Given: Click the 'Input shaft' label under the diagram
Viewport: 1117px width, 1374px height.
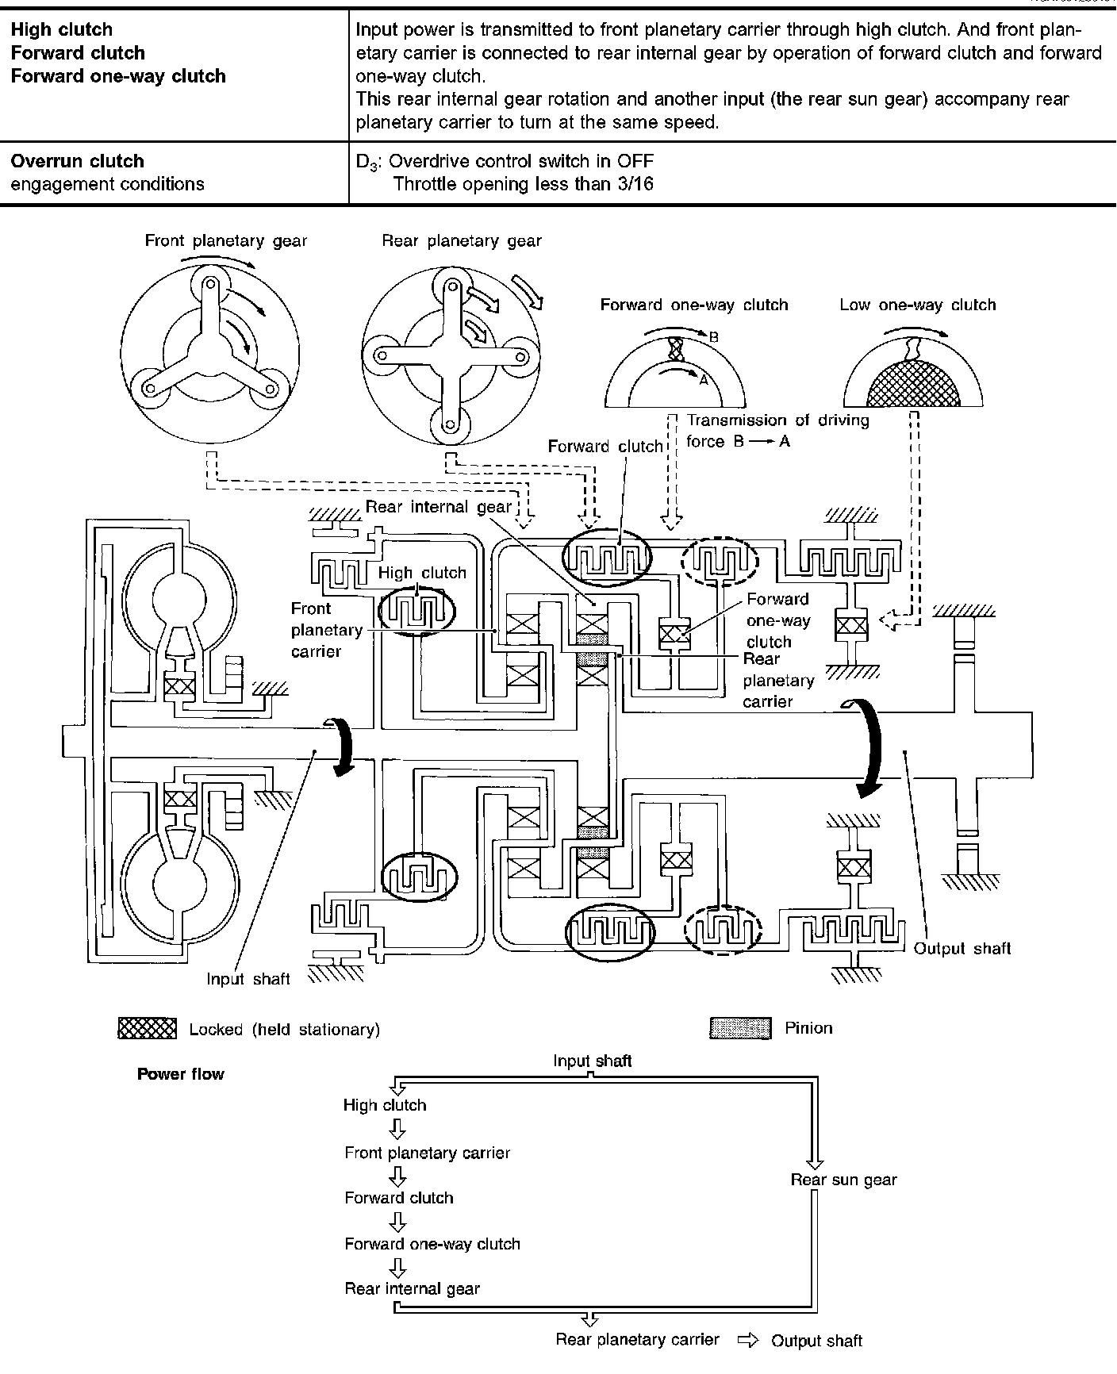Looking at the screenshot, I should pyautogui.click(x=248, y=979).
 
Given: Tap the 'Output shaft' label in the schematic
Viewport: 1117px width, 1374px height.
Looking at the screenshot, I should pyautogui.click(x=962, y=948).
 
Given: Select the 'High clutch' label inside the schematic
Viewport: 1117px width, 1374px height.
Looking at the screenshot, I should pyautogui.click(x=422, y=573).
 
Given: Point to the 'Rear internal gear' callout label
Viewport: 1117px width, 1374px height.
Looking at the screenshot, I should pyautogui.click(x=439, y=507).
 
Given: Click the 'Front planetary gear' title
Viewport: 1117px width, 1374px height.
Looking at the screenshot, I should pyautogui.click(x=225, y=241).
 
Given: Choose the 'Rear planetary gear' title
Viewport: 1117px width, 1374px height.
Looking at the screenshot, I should pyautogui.click(x=462, y=241).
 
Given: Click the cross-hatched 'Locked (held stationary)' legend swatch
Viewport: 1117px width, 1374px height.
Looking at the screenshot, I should pyautogui.click(x=147, y=1029).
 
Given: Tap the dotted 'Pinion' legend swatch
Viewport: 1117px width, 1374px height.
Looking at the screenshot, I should pyautogui.click(x=739, y=1029).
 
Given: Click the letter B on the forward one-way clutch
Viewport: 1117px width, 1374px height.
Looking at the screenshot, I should pyautogui.click(x=713, y=337).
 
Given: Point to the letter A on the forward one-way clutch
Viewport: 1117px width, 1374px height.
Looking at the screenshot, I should pyautogui.click(x=703, y=380).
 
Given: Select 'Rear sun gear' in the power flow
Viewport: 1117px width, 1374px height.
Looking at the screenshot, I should pyautogui.click(x=843, y=1180).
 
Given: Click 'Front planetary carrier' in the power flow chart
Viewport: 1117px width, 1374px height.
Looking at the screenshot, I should pyautogui.click(x=427, y=1153).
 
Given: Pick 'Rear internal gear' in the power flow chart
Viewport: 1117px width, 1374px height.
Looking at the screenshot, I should pyautogui.click(x=412, y=1289).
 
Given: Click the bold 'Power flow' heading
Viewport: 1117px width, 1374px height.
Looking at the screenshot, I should pyautogui.click(x=181, y=1074).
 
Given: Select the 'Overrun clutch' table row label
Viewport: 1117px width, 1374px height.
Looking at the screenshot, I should pyautogui.click(x=77, y=161).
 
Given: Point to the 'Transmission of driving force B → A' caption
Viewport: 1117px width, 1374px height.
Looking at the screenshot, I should pyautogui.click(x=777, y=431).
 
